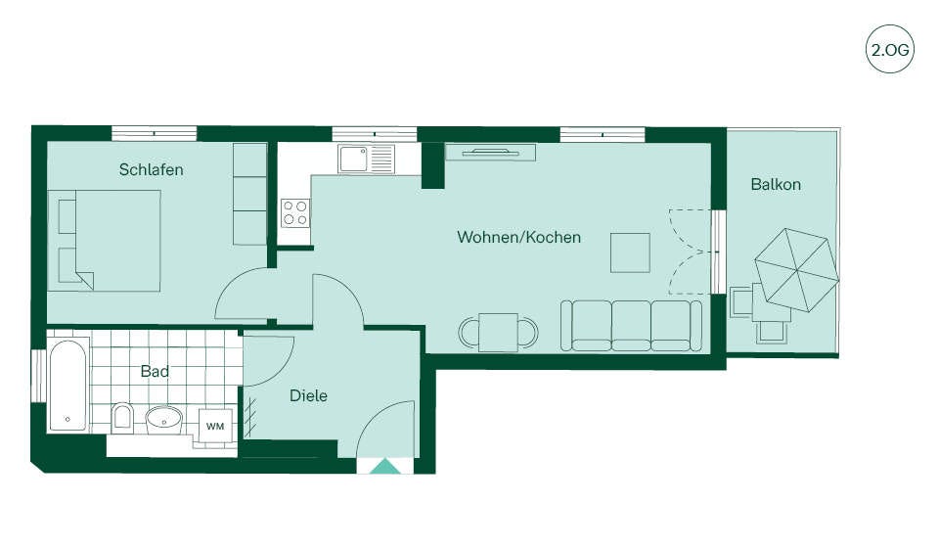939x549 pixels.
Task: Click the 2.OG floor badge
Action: [x=890, y=49]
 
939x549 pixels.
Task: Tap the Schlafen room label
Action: [x=151, y=169]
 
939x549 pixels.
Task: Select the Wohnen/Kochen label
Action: [x=518, y=237]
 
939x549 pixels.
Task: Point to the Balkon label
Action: [x=776, y=184]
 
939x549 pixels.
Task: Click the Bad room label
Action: [x=155, y=372]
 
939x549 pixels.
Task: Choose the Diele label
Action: [x=308, y=395]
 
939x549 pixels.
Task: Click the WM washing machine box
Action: [x=215, y=426]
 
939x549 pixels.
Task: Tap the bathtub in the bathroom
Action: [x=67, y=386]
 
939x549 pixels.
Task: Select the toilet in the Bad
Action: [x=122, y=418]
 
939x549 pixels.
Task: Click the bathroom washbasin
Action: [x=163, y=420]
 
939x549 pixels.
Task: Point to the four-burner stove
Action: [x=295, y=213]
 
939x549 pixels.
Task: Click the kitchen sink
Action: [x=366, y=159]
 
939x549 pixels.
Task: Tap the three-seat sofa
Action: [x=631, y=326]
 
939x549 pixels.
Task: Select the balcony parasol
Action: [x=796, y=270]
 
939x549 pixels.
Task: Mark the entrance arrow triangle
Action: [x=384, y=466]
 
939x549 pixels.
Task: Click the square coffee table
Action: [x=630, y=252]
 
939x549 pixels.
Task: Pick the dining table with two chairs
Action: [x=498, y=332]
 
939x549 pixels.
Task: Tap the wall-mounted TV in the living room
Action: [x=490, y=153]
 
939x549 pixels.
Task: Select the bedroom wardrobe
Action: [x=249, y=194]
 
